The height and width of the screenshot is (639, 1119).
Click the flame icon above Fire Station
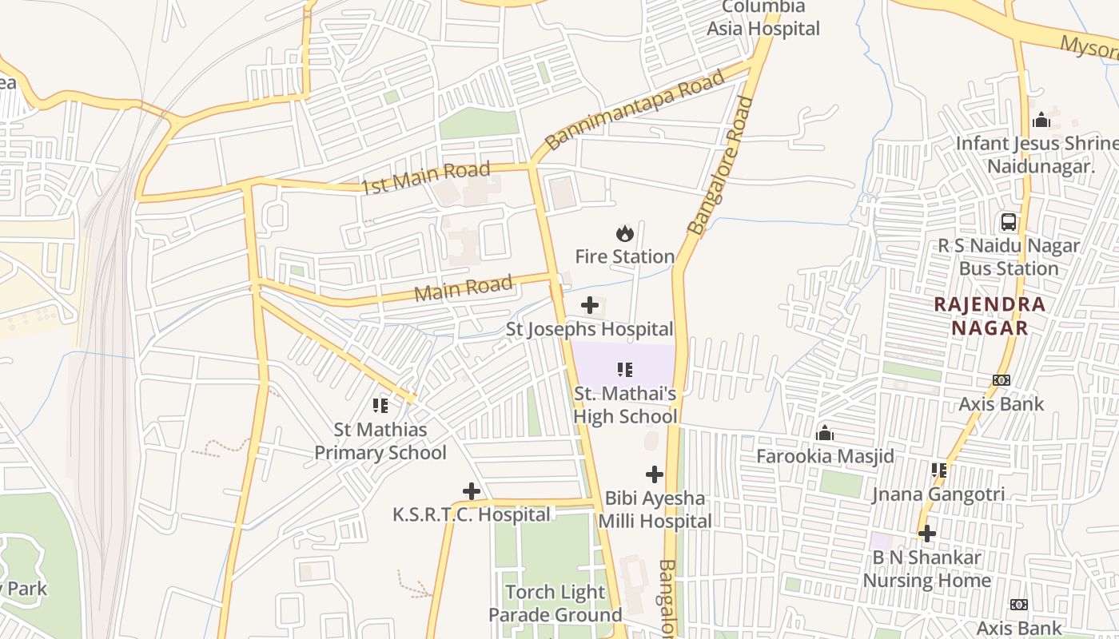pyautogui.click(x=625, y=233)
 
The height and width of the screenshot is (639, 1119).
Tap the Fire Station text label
pyautogui.click(x=625, y=256)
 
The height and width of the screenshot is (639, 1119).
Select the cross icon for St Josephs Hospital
pyautogui.click(x=590, y=305)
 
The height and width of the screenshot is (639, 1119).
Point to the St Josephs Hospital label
pyautogui.click(x=590, y=329)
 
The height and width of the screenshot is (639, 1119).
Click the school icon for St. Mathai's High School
pyautogui.click(x=625, y=369)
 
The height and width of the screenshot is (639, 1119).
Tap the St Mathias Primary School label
pyautogui.click(x=380, y=441)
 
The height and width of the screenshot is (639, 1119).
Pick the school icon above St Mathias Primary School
pyautogui.click(x=380, y=406)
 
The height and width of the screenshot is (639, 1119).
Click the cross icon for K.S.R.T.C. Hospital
pyautogui.click(x=472, y=490)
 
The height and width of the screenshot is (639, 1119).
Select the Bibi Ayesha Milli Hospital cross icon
pyautogui.click(x=655, y=474)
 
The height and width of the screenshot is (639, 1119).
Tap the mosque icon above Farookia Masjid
pyautogui.click(x=825, y=434)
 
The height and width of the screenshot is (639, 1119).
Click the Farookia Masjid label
pyautogui.click(x=825, y=457)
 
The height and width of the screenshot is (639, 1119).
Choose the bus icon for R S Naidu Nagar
pyautogui.click(x=1009, y=222)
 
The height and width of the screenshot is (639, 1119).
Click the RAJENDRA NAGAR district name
pyautogui.click(x=990, y=316)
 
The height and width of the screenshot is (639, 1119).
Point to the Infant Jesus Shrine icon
pyautogui.click(x=1041, y=120)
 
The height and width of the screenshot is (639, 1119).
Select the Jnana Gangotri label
pyautogui.click(x=938, y=494)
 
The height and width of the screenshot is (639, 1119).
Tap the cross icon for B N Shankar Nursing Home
pyautogui.click(x=927, y=533)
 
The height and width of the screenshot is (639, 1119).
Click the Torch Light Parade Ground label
pyautogui.click(x=556, y=603)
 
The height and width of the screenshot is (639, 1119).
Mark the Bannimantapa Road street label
pyautogui.click(x=635, y=109)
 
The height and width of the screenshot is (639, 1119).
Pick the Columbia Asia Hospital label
pyautogui.click(x=763, y=18)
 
